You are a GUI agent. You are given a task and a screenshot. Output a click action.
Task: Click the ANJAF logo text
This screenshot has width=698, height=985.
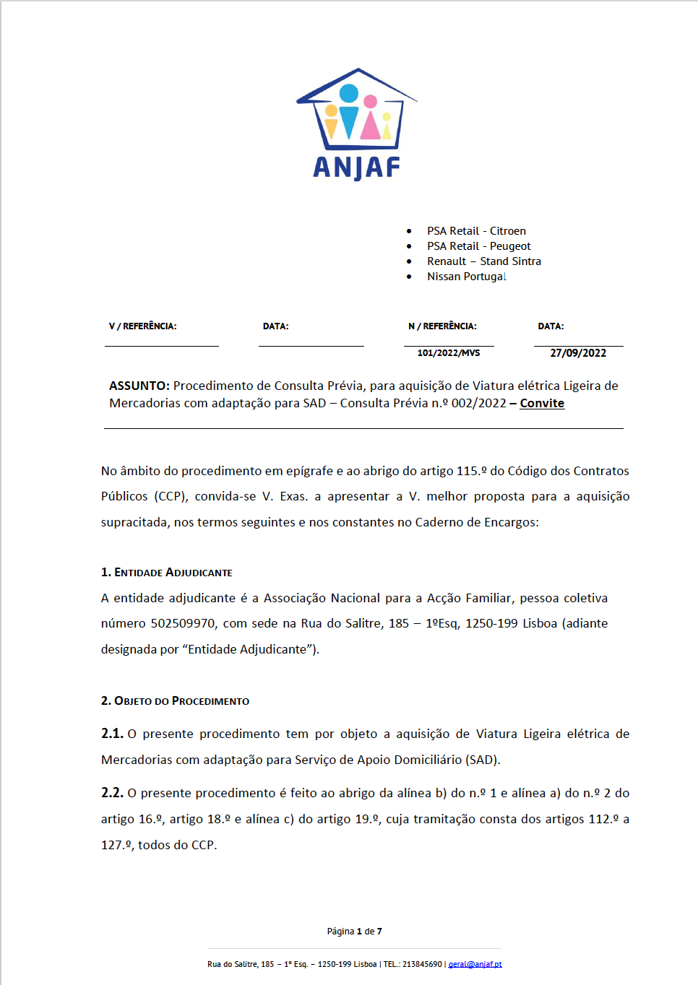point(356,168)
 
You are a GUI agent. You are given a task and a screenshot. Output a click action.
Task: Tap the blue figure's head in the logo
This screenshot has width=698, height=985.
point(349,93)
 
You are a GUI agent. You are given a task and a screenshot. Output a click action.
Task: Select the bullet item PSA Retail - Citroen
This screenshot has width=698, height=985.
point(476,231)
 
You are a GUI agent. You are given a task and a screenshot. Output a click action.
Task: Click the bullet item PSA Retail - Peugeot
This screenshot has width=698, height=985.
point(478,246)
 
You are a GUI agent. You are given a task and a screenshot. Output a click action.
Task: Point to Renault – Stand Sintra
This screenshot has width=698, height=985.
point(483,261)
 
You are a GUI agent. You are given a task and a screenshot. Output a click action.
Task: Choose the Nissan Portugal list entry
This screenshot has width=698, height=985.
point(466,277)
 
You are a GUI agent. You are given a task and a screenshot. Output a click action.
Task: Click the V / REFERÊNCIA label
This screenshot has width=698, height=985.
point(142,326)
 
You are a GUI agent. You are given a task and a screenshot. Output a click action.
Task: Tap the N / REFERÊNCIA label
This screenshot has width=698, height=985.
point(442,326)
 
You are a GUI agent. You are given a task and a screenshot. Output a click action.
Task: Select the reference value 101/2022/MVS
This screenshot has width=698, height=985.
point(448,353)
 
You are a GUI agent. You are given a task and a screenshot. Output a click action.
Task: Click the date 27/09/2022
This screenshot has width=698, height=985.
point(578,353)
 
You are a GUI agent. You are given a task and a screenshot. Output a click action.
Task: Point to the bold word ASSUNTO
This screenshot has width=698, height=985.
point(139,386)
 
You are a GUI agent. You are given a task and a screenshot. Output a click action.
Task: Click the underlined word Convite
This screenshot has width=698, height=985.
point(542,403)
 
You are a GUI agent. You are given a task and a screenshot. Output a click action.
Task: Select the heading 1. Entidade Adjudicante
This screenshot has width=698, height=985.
point(166,573)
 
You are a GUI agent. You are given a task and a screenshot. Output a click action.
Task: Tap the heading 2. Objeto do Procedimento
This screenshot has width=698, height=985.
point(175,701)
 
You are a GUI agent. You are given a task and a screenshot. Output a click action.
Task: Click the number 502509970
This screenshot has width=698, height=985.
point(183,623)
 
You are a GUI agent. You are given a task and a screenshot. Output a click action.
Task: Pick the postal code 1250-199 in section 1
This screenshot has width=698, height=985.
point(491,623)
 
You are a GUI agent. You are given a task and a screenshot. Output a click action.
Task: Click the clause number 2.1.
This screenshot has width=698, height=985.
point(112,734)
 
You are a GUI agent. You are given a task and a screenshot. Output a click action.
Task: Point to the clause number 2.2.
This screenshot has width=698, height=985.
point(112,793)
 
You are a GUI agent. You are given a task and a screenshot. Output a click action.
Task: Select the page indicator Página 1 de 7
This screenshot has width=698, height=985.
point(354,932)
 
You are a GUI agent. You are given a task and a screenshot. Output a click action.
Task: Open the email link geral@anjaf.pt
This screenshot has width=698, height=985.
point(475,964)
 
